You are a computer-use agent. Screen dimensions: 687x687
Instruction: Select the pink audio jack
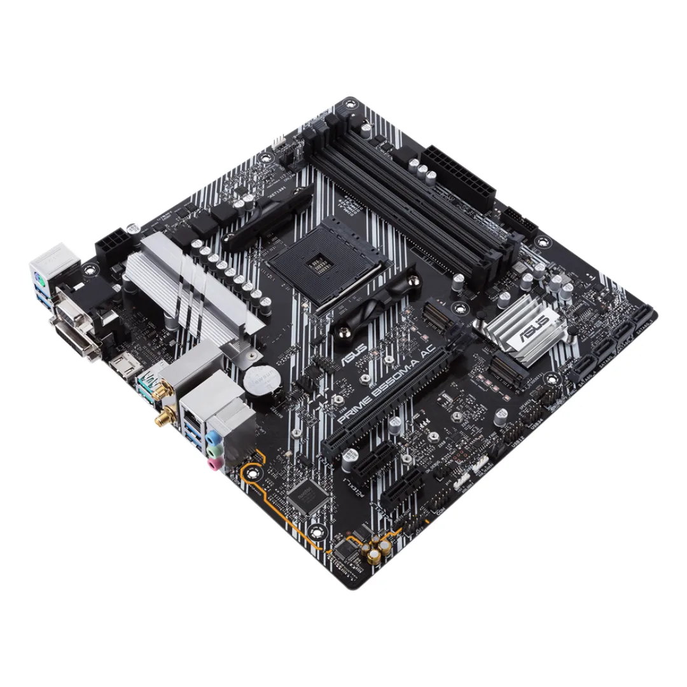coord(212,466)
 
